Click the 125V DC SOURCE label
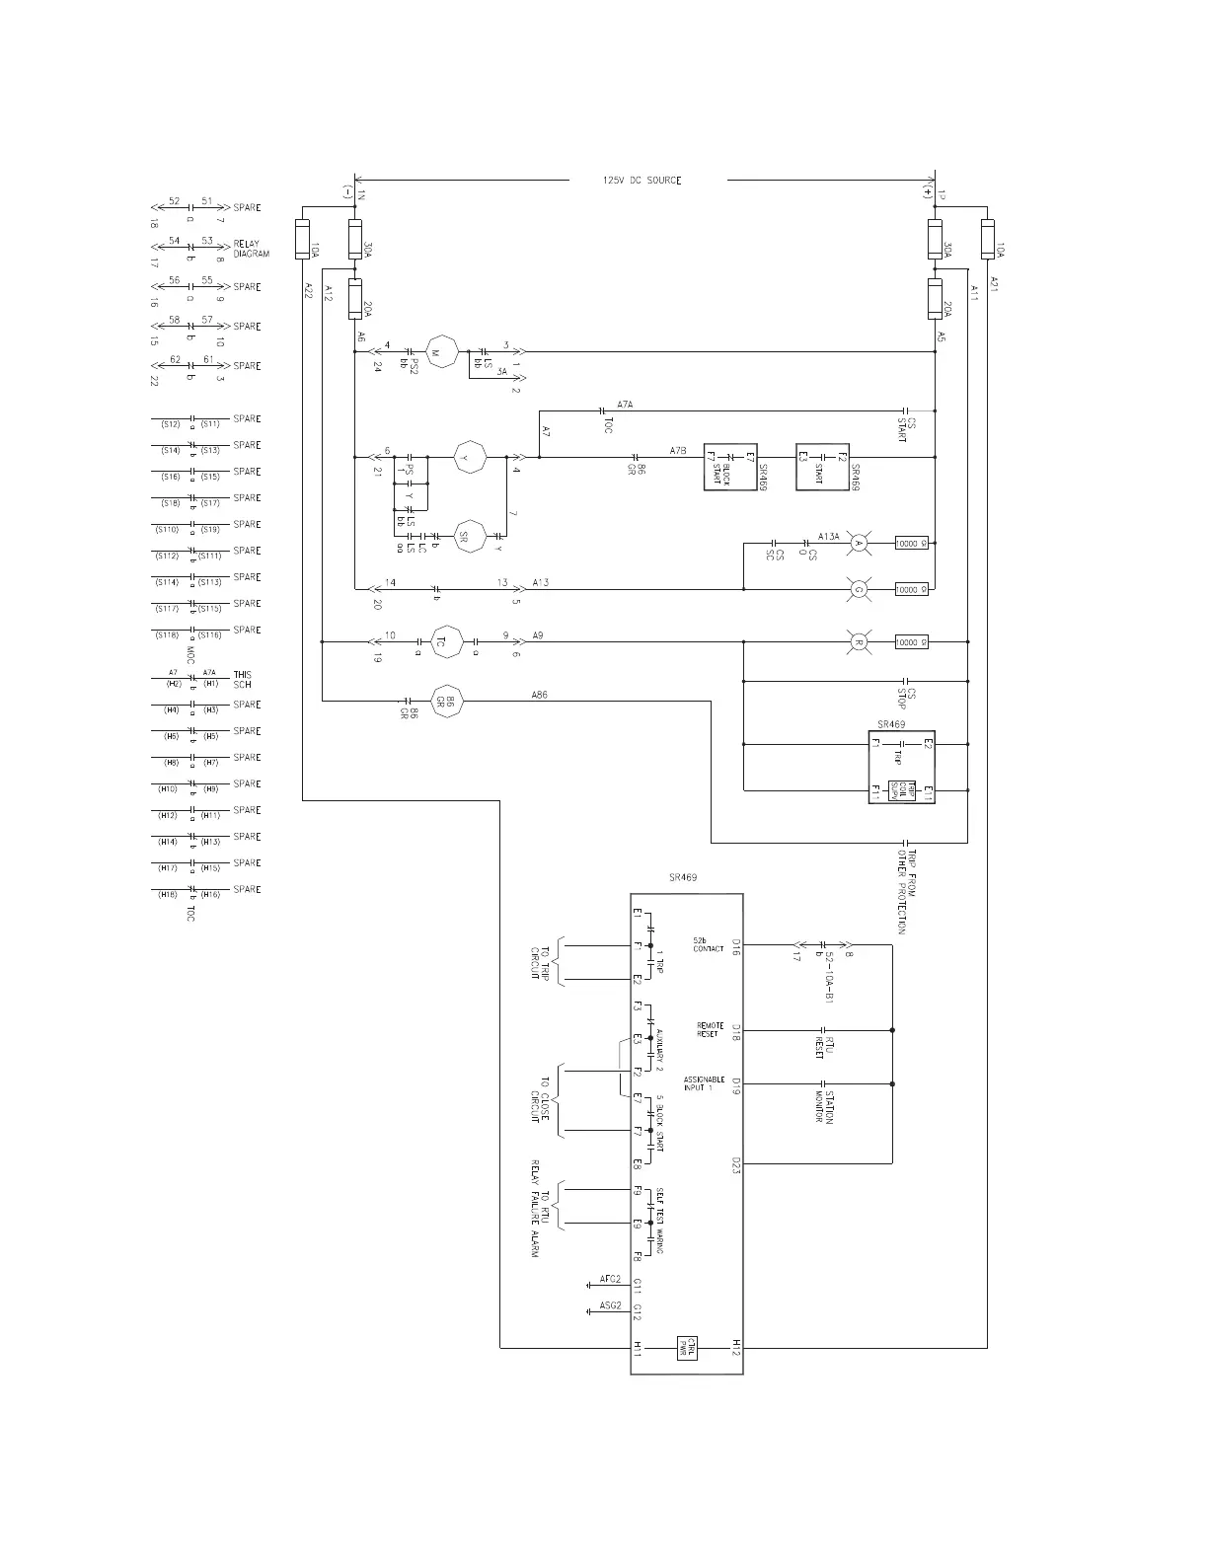pos(642,181)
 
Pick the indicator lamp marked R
pos(859,642)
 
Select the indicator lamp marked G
pos(859,590)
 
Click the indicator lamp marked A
pos(859,543)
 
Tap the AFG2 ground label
pos(610,1280)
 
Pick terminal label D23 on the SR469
pos(736,1165)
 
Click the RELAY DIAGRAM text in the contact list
pos(251,249)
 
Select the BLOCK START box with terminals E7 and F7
pos(730,467)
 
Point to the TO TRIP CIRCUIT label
pos(542,963)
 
